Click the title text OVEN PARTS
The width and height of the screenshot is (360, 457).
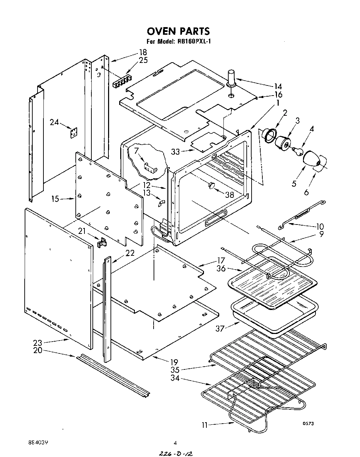178,31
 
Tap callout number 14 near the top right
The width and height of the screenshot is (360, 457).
278,87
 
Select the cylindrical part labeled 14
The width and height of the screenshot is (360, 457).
231,77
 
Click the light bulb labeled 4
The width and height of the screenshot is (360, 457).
296,150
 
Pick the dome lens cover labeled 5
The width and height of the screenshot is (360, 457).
312,160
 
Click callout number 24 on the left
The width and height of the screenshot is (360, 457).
54,122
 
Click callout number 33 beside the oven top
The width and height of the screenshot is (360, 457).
176,152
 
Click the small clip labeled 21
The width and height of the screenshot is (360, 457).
102,242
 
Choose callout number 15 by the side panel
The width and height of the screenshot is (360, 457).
55,199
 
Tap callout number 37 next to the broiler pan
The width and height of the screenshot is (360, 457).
220,328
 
